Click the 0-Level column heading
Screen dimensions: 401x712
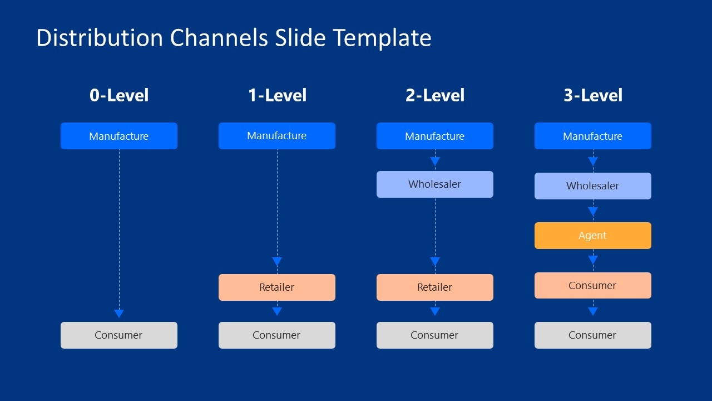(x=119, y=95)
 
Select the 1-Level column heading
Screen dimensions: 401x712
(x=277, y=95)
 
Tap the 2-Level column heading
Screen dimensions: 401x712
(x=435, y=95)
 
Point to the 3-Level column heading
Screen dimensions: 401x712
(x=593, y=95)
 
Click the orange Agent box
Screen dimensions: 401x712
(x=593, y=236)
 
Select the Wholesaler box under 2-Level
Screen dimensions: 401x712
(x=435, y=184)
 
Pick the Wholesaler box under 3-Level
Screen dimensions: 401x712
(x=593, y=186)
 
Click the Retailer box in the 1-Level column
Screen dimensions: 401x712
(x=277, y=287)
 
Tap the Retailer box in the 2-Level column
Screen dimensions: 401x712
(x=435, y=287)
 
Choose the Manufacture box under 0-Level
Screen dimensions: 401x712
(x=119, y=136)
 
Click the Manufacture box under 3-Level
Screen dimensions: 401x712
(x=593, y=136)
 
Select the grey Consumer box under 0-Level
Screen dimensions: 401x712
(x=119, y=335)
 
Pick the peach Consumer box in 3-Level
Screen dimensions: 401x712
(x=593, y=286)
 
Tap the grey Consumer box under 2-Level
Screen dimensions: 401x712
(x=435, y=335)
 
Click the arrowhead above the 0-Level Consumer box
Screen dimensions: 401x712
(x=119, y=314)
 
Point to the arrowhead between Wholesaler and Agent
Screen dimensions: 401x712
(x=593, y=212)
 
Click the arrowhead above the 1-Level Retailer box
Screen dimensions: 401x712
(x=277, y=262)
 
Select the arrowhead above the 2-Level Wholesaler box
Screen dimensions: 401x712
(x=435, y=162)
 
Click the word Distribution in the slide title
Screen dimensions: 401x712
(x=100, y=38)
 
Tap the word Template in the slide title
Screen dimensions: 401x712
(x=382, y=38)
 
